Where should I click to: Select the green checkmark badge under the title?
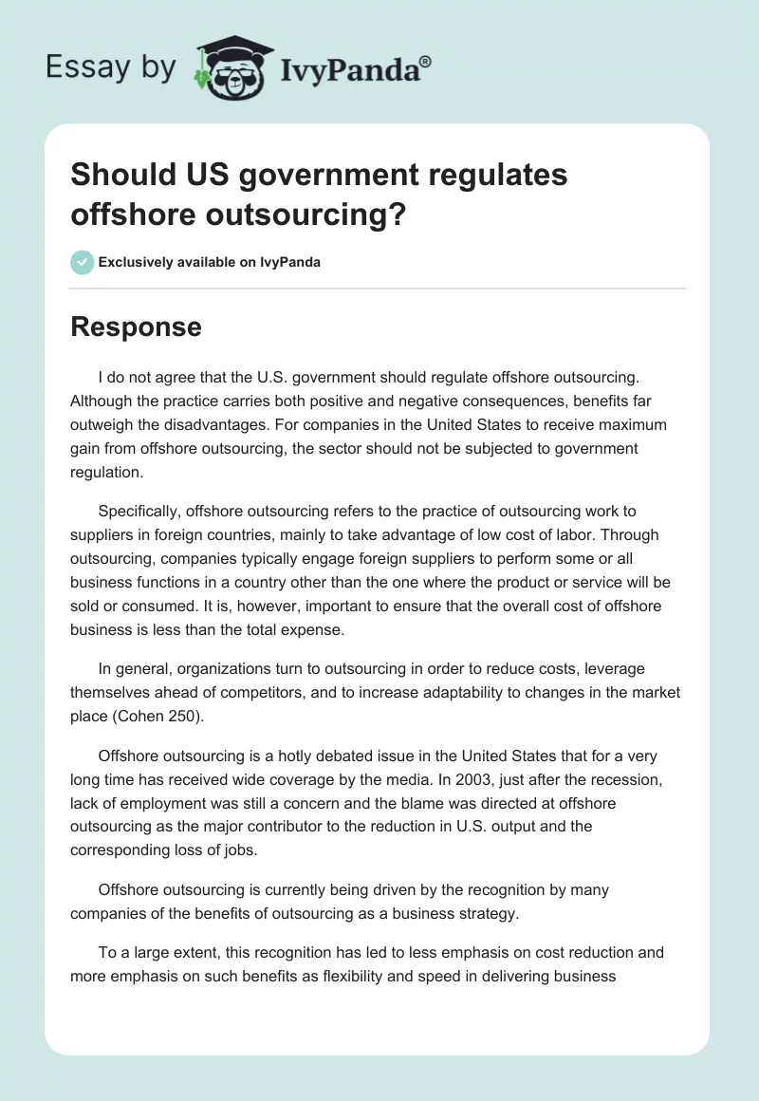coord(83,262)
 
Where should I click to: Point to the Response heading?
coord(136,327)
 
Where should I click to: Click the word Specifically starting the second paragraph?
coord(144,512)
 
